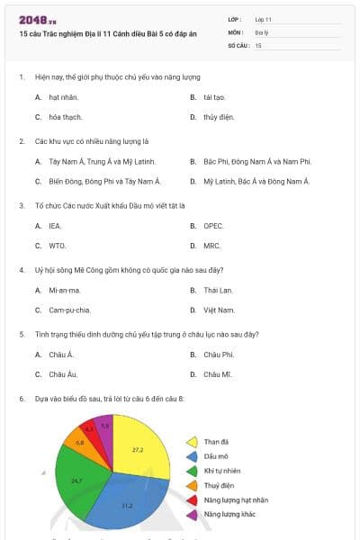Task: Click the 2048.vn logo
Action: point(37,20)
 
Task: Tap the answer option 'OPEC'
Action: point(213,226)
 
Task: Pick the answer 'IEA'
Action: point(55,226)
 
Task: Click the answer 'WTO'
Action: point(57,245)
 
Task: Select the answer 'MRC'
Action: point(212,245)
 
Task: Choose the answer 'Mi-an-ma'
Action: point(64,291)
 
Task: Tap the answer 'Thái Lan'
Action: point(218,291)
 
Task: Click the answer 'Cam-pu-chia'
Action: point(69,310)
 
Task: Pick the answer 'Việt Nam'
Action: point(219,310)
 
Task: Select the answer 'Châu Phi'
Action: point(219,355)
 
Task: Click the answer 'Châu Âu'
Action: point(64,373)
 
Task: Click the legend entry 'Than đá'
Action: point(217,442)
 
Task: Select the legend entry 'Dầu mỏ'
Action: point(217,456)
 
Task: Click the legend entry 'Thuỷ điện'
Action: point(220,485)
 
